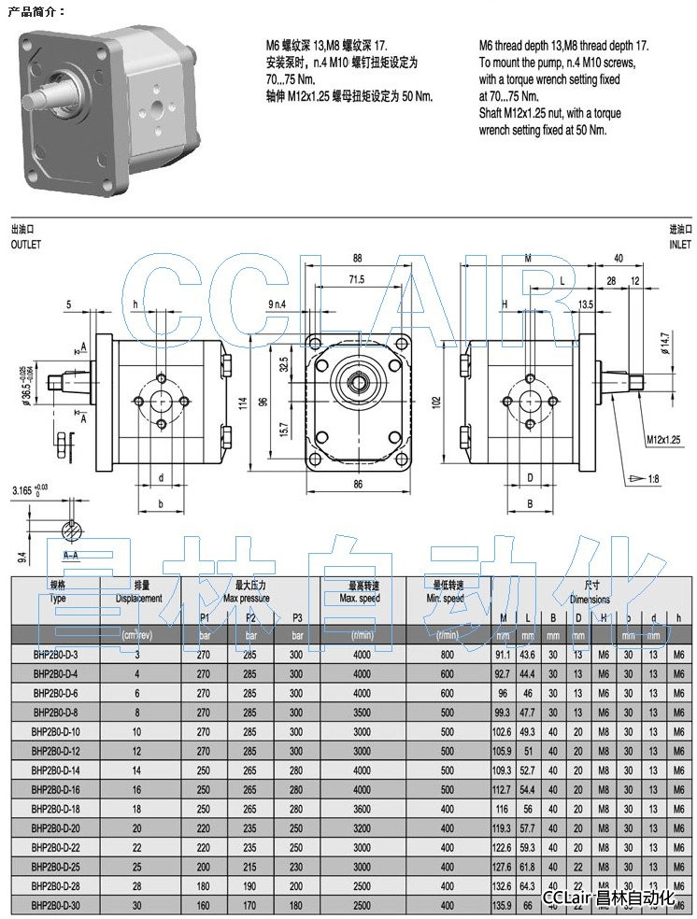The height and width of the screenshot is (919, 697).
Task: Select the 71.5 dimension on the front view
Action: pos(356,279)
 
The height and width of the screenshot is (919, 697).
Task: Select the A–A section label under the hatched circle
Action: pos(71,553)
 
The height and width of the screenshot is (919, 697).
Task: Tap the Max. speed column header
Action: pos(360,598)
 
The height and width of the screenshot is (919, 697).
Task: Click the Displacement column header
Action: pos(138,598)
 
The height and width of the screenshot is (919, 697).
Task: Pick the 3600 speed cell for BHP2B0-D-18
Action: pos(362,809)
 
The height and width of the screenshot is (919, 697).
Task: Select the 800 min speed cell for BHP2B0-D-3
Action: pos(447,656)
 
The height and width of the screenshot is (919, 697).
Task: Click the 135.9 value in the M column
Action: pos(503,905)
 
